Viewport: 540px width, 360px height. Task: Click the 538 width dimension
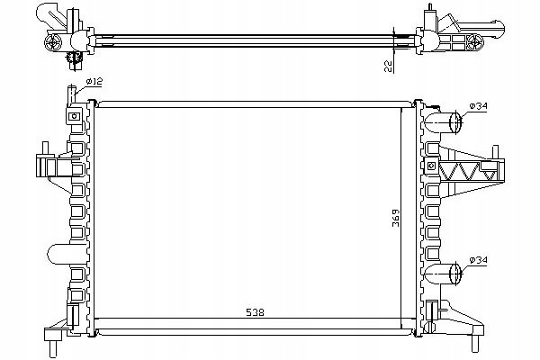point(256,312)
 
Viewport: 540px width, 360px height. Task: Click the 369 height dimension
point(396,218)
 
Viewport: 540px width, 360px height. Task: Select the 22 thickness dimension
point(388,66)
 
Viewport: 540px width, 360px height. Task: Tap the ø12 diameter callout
point(94,82)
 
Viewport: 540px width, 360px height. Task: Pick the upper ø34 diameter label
point(479,106)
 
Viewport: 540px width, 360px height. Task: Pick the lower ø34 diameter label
point(479,260)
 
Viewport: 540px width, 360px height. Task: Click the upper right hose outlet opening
point(455,122)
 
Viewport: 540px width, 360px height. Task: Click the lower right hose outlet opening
point(455,274)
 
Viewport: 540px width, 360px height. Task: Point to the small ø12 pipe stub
point(72,94)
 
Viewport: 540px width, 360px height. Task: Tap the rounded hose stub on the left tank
point(58,254)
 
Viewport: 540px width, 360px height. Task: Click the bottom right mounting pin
point(475,343)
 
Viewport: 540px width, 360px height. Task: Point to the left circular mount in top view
point(53,42)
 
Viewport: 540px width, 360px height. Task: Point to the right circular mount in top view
point(475,42)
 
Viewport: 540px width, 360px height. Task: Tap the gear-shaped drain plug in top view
point(74,58)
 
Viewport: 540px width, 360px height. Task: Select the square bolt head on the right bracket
point(431,166)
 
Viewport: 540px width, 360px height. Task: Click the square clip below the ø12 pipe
point(74,116)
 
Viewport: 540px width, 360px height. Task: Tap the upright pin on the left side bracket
point(45,148)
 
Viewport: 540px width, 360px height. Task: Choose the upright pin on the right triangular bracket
point(496,152)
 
